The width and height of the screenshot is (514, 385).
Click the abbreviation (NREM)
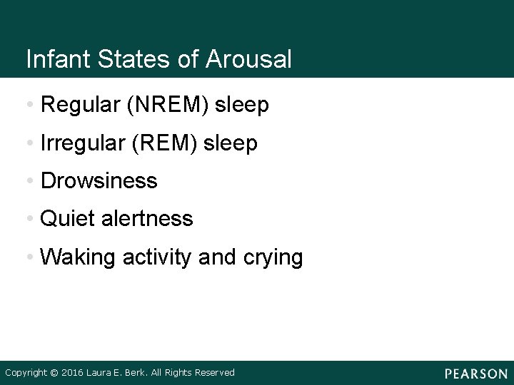pyautogui.click(x=167, y=106)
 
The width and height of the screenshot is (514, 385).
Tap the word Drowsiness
pyautogui.click(x=99, y=181)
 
